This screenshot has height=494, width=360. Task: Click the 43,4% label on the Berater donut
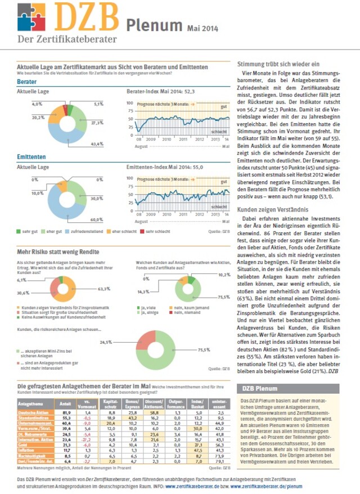pos(97,145)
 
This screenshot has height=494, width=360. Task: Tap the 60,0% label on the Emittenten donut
pos(97,219)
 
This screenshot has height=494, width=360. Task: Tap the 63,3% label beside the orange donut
pos(104,289)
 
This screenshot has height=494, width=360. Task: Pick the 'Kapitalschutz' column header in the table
pos(110,403)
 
